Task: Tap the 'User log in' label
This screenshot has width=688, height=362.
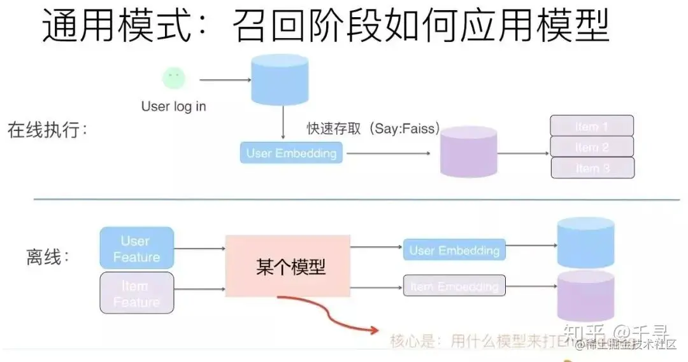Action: pyautogui.click(x=174, y=106)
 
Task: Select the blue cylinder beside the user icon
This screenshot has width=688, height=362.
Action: pyautogui.click(x=280, y=79)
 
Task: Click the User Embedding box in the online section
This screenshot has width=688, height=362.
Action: pyautogui.click(x=291, y=153)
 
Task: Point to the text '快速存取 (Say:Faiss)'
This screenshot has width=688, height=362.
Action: pyautogui.click(x=373, y=129)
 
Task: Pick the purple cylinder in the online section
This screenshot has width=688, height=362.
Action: pyautogui.click(x=468, y=152)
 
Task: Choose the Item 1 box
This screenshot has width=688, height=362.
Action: pyautogui.click(x=591, y=126)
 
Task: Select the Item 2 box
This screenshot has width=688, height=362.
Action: pyautogui.click(x=591, y=147)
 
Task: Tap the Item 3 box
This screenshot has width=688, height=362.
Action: pyautogui.click(x=591, y=168)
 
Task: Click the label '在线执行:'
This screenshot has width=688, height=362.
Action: pyautogui.click(x=47, y=130)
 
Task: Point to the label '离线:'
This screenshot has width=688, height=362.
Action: pyautogui.click(x=47, y=257)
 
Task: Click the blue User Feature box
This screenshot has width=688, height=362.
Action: pyautogui.click(x=136, y=248)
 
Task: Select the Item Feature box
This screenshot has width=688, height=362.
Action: pyautogui.click(x=136, y=293)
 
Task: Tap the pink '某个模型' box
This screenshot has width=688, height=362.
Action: pyautogui.click(x=288, y=266)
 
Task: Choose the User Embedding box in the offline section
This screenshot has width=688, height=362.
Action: pyautogui.click(x=454, y=250)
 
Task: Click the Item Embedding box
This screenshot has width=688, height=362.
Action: pyautogui.click(x=454, y=286)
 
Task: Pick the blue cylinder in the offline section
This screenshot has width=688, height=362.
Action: pyautogui.click(x=585, y=242)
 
